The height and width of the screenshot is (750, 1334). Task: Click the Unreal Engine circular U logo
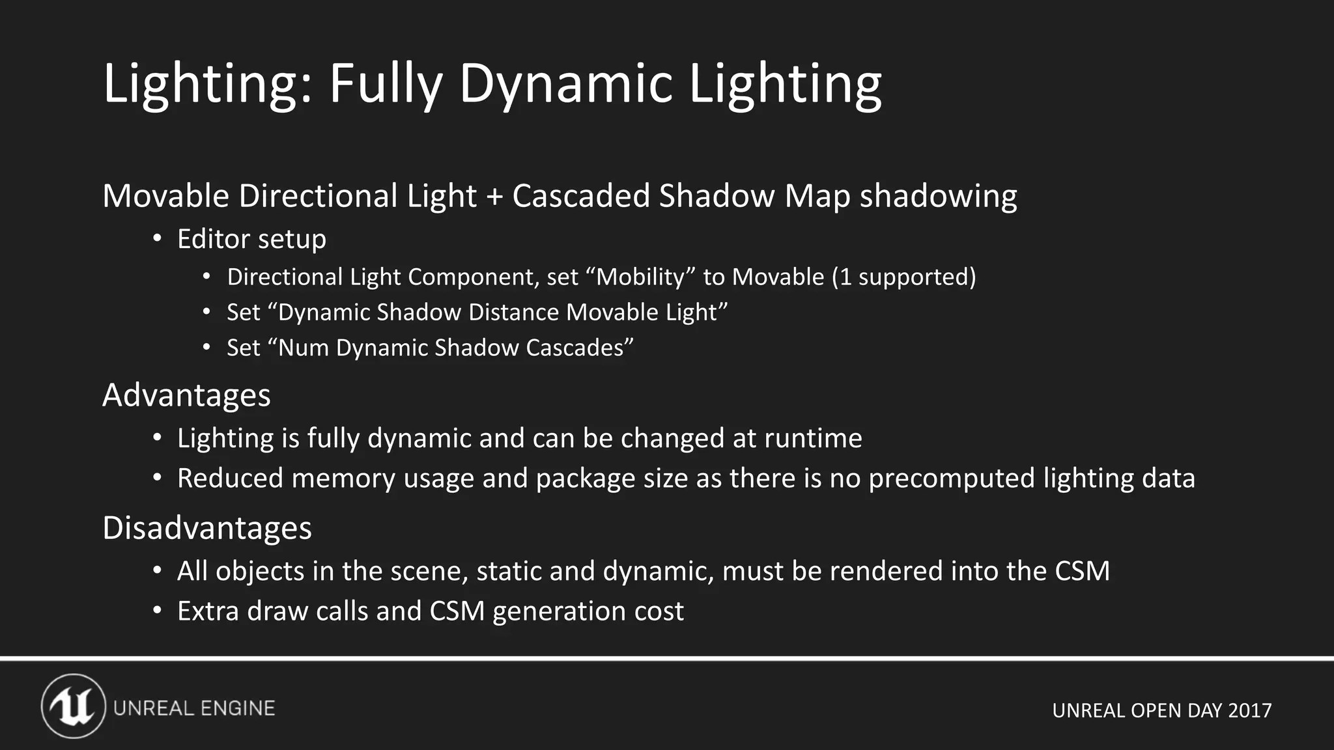click(x=74, y=706)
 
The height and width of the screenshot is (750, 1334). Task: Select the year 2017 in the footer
click(x=1249, y=710)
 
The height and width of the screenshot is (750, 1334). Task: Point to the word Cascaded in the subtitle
click(x=580, y=196)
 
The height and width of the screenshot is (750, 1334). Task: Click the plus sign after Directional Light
click(x=494, y=197)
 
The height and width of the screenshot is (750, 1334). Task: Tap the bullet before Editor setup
click(x=157, y=239)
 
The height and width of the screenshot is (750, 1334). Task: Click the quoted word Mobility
click(x=641, y=277)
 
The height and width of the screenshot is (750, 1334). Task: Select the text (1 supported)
click(x=903, y=277)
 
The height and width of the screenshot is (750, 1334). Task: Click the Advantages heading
click(x=186, y=395)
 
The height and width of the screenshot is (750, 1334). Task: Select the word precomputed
click(x=952, y=479)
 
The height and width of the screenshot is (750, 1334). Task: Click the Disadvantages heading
click(x=207, y=528)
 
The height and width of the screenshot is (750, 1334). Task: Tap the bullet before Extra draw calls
click(x=157, y=611)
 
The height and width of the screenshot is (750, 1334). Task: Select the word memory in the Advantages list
click(x=343, y=479)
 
